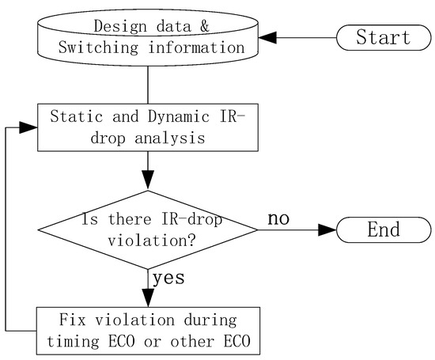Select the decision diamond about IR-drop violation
[x=148, y=230]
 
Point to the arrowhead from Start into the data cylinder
[x=270, y=37]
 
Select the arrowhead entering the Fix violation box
[x=148, y=296]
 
